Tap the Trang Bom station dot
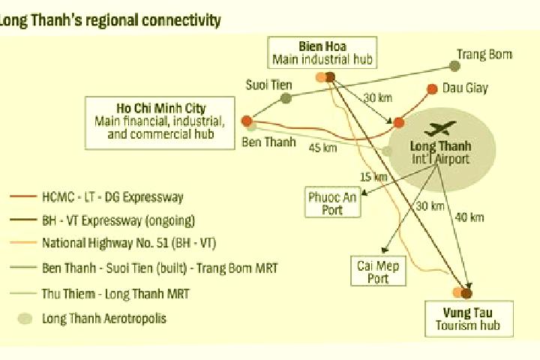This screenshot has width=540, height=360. [x=454, y=66]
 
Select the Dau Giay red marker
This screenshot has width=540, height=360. [x=432, y=89]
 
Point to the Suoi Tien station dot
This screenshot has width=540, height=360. [x=286, y=98]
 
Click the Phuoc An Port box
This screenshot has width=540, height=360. [x=333, y=202]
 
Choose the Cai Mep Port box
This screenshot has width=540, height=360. [x=378, y=271]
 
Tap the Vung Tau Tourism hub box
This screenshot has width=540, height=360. [x=469, y=319]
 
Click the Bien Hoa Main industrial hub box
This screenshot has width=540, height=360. [x=322, y=52]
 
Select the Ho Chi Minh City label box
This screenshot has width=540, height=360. [x=160, y=123]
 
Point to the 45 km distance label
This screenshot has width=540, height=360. [x=322, y=148]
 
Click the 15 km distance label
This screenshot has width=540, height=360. [x=373, y=177]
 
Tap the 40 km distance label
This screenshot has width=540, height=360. [x=469, y=217]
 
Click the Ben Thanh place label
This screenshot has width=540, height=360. [x=268, y=142]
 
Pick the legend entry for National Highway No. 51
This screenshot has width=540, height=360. [x=113, y=243]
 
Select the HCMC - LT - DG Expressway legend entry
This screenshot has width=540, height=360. [x=97, y=197]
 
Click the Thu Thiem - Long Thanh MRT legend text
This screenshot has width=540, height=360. [x=115, y=293]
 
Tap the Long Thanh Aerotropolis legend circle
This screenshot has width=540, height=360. [x=25, y=318]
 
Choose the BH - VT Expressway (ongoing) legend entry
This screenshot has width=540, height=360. [x=103, y=220]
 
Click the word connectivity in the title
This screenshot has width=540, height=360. [x=181, y=20]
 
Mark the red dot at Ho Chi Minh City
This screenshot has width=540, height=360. [x=247, y=121]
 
